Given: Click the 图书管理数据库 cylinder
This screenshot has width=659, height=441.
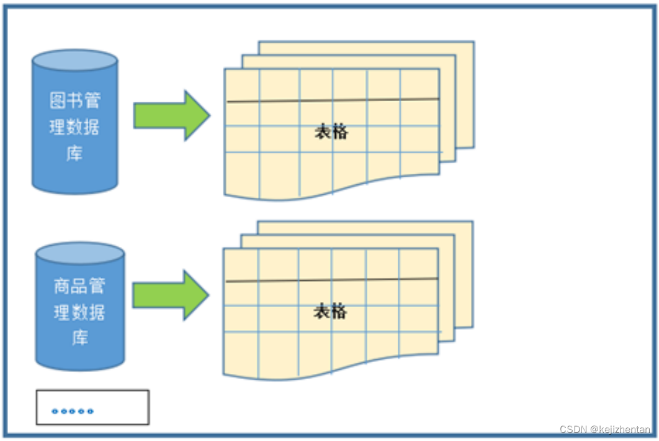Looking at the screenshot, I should coord(74,124).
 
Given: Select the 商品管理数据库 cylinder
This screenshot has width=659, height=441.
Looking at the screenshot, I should coord(79,310).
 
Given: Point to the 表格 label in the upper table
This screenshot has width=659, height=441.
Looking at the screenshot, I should coord(331,131).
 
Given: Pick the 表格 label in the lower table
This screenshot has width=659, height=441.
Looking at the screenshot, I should coord(330,311).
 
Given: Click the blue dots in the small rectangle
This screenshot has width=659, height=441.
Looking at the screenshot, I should coord(73,411).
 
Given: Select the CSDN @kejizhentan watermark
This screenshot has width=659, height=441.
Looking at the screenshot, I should coord(605,429).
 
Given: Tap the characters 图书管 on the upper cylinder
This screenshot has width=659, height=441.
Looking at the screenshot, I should coord(74,100).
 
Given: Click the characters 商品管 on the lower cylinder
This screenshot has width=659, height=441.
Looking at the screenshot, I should coord(79,286).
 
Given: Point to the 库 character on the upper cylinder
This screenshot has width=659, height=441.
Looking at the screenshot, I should coord(74,153).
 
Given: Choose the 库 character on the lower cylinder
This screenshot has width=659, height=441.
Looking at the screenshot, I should coord(79,338).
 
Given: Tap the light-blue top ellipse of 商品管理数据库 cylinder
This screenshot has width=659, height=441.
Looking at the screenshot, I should coord(79,253).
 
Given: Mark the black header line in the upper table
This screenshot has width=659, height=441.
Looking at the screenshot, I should coord(333,100).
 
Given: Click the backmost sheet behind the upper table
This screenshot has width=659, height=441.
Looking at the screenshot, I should coord(465,93).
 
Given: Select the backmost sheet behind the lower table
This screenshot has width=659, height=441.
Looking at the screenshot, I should coord(464,273).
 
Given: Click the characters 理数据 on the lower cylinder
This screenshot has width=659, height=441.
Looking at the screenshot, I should coord(79,312).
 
